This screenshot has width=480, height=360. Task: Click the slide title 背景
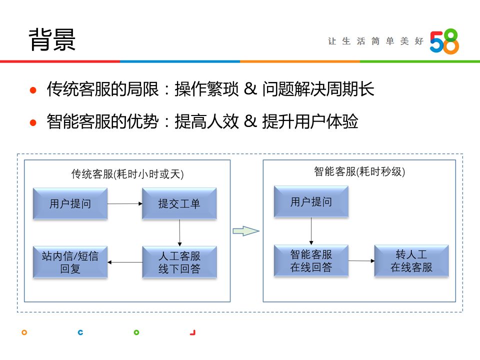coord(52,39)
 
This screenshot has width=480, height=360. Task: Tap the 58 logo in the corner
coord(444,41)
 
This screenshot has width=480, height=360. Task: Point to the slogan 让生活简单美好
coord(375,41)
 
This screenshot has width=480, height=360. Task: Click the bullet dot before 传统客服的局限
coord(33,91)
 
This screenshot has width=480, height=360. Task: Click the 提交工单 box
coord(179,203)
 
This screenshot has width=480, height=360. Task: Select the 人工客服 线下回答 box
coord(179,262)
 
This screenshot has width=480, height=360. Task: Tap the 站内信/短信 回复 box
coord(70,262)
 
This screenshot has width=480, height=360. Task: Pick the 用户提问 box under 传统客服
coord(70,203)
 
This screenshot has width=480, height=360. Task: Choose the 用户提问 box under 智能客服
coord(311,201)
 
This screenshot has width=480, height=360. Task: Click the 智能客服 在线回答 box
coord(311,260)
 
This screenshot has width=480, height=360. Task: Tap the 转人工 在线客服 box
coord(411,260)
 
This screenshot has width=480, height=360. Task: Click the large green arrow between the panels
coord(246,231)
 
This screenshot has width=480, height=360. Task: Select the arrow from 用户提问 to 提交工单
coord(124,203)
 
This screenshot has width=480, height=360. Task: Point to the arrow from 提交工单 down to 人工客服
coord(179,232)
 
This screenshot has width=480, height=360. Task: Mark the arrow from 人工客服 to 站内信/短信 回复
coord(125,262)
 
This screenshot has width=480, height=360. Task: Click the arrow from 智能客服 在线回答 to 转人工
coord(361,260)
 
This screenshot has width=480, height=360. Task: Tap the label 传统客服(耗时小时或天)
coord(127,174)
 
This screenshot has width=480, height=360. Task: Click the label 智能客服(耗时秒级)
coord(359,171)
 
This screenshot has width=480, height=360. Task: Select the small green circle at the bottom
coord(136,332)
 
